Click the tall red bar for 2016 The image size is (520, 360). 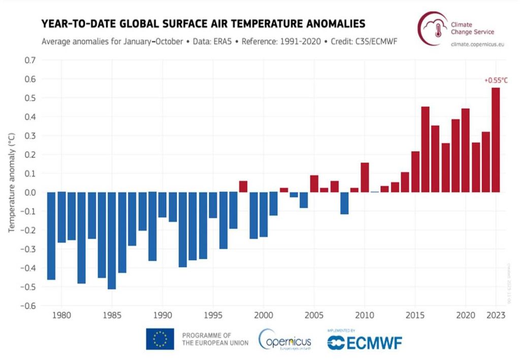[425, 149]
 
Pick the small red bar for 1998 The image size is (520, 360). [243, 186]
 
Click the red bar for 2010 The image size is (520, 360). [365, 177]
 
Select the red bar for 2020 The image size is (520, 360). [465, 150]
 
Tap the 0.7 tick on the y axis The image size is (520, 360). [30, 60]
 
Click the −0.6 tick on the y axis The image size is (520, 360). [28, 306]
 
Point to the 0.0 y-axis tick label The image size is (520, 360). [30, 192]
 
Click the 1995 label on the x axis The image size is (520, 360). [212, 314]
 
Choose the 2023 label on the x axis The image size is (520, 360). [496, 314]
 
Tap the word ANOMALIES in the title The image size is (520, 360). [326, 24]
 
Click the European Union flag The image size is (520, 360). [160, 339]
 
